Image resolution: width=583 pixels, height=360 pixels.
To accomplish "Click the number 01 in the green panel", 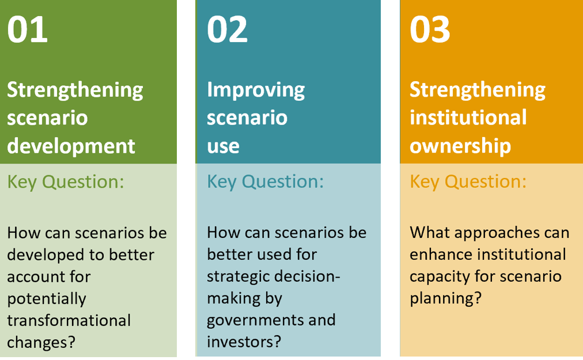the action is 28,29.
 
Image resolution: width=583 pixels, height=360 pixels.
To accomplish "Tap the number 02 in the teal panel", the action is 227,29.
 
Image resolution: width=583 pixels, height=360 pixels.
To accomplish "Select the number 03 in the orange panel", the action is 430,29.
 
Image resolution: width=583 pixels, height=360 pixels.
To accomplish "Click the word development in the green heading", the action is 71,146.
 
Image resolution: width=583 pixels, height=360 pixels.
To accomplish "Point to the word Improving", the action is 256,90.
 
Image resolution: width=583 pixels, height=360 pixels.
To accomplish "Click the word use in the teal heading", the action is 223,146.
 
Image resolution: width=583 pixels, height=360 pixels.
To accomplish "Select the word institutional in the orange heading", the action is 468,118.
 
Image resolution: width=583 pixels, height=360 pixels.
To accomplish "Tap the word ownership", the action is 460,146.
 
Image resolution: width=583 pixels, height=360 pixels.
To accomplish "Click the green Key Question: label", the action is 66,182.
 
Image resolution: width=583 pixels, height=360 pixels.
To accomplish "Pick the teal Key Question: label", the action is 265,182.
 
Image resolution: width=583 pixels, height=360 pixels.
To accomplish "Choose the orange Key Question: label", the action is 468,182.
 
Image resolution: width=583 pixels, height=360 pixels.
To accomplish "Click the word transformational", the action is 69,321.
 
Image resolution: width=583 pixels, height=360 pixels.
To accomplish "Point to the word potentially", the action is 47,299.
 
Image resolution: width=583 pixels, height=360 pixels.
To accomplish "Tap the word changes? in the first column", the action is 41,343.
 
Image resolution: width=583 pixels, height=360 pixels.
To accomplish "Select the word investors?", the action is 244,342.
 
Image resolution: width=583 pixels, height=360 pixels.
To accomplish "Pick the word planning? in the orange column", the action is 445,298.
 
